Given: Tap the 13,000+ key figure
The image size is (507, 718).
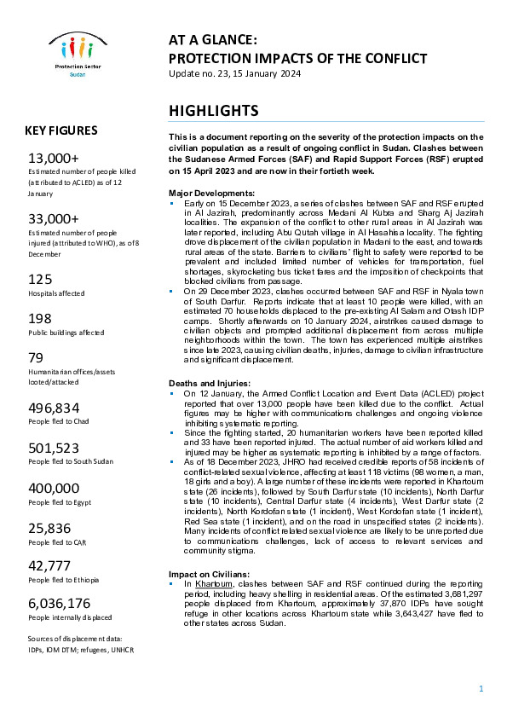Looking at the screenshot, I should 54,159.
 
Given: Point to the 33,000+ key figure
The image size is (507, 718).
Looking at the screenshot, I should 54,218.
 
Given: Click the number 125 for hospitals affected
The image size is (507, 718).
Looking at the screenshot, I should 40,279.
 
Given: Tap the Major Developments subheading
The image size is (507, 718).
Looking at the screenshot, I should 212,193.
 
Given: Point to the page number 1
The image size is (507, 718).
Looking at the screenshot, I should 481,688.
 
